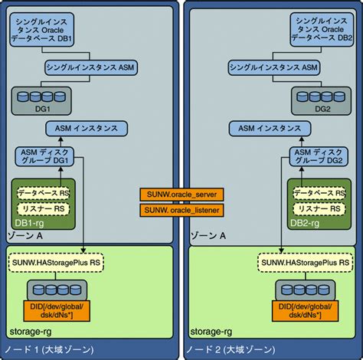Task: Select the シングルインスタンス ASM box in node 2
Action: [278, 67]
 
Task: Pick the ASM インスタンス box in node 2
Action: [278, 129]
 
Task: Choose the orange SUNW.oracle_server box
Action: [181, 194]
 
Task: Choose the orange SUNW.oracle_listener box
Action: [181, 209]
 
